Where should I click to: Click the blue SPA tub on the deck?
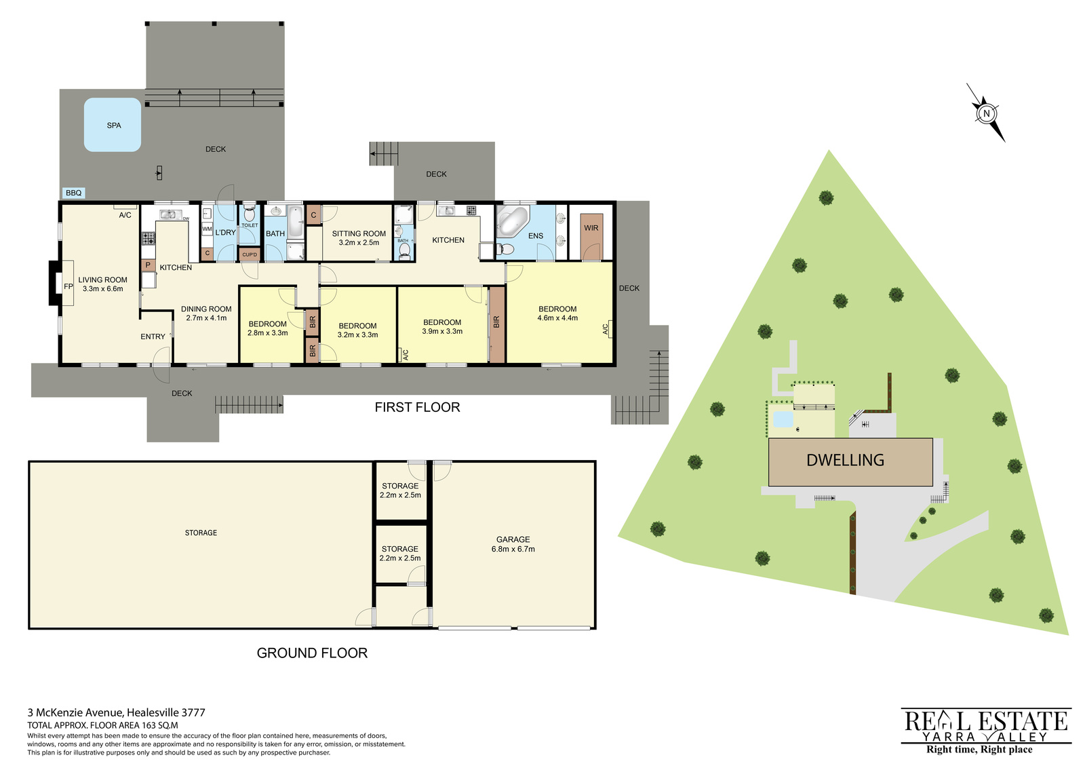113,125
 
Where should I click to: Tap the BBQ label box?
74,193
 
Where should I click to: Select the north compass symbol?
986,113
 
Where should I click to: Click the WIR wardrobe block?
591,237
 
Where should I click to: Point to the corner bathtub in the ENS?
512,221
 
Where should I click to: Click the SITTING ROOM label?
359,238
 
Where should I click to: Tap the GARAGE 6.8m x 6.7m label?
513,544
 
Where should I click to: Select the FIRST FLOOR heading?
417,407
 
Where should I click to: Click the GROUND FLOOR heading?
312,653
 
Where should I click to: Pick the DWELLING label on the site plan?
845,460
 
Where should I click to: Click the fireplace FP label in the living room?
68,286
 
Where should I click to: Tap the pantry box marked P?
148,265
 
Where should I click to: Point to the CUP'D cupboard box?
250,254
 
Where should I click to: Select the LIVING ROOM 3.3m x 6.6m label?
102,284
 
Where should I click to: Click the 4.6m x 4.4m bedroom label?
557,313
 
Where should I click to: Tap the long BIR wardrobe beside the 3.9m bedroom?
496,325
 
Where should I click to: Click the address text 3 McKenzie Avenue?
76,712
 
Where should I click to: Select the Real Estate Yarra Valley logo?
986,731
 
